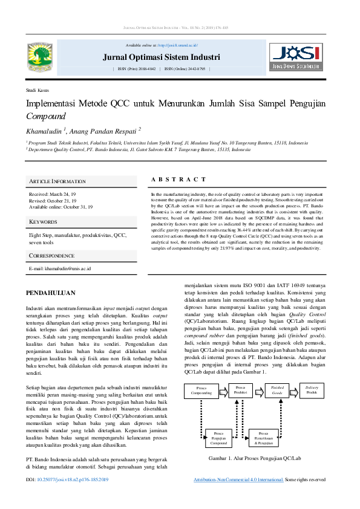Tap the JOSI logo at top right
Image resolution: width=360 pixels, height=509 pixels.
(x=295, y=56)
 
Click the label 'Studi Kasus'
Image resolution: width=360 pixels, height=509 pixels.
(x=38, y=89)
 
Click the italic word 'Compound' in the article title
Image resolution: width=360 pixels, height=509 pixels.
(x=45, y=116)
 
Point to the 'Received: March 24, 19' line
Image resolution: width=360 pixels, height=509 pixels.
(x=53, y=195)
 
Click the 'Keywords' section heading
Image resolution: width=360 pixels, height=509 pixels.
(x=43, y=222)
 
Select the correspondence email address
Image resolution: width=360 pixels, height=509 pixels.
(x=60, y=268)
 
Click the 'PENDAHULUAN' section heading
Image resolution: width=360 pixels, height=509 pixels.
(x=50, y=293)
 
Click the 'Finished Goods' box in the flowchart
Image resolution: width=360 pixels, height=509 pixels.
(x=277, y=390)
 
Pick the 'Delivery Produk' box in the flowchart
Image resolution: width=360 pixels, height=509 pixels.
(x=312, y=389)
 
